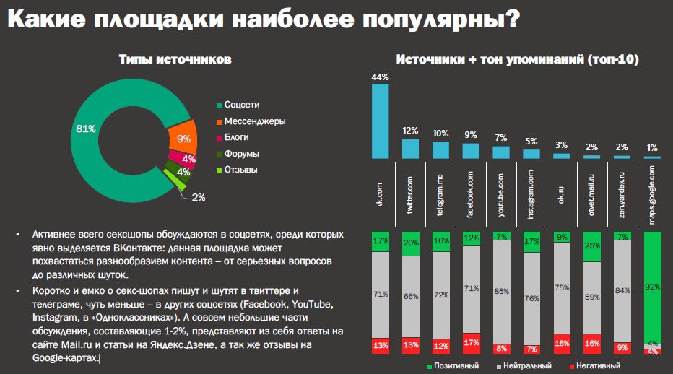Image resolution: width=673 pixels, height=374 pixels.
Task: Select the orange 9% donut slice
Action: click(x=182, y=138)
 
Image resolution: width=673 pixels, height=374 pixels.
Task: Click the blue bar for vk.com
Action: click(x=380, y=121)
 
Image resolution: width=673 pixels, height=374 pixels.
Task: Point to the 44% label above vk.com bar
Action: click(x=380, y=77)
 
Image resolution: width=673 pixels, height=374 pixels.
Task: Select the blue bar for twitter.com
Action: click(x=410, y=148)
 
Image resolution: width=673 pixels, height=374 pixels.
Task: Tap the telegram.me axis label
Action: click(x=440, y=191)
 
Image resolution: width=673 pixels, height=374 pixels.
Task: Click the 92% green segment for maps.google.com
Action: click(x=652, y=287)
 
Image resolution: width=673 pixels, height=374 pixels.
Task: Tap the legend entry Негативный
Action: click(x=597, y=366)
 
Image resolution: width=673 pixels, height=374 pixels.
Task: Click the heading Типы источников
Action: click(x=175, y=60)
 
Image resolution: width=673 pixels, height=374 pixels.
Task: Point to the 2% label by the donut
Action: click(x=199, y=196)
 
